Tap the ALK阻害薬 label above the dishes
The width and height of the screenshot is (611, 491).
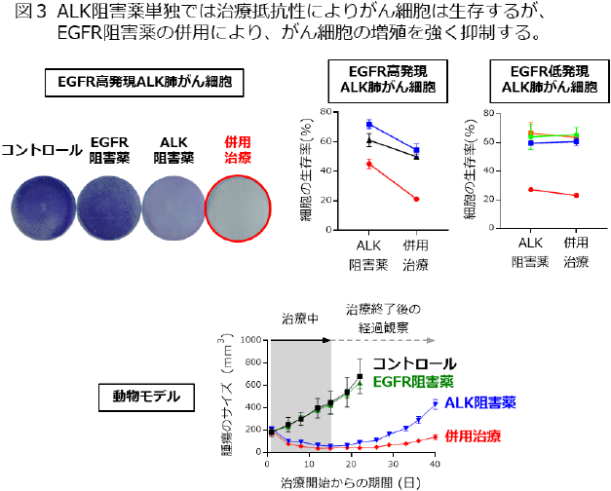click(174, 149)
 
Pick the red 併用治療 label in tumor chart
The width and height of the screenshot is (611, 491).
click(478, 435)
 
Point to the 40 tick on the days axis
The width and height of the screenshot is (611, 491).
click(434, 466)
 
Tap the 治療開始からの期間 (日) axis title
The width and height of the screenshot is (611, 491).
click(351, 482)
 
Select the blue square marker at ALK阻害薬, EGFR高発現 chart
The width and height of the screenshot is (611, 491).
click(369, 125)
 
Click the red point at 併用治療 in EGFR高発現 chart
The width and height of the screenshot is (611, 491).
click(416, 199)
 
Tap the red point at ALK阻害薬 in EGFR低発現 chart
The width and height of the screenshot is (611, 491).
click(529, 189)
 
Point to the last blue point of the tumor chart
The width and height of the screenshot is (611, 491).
click(434, 401)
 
